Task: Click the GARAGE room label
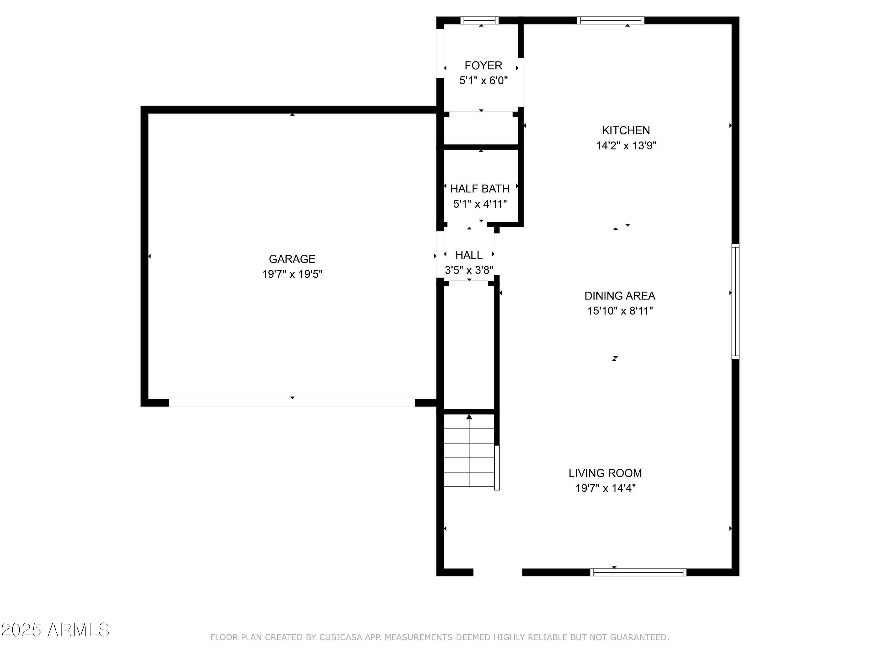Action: (292, 259)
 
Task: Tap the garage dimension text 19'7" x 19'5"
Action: (292, 274)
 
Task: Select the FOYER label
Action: (483, 65)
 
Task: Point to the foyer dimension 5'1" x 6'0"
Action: (483, 81)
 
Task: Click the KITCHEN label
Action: (626, 131)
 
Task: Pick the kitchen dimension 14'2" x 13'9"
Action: (626, 145)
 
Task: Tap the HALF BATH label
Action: (480, 189)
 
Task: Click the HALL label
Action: (469, 255)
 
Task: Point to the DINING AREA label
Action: (620, 296)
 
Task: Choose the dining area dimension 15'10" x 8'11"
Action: (620, 311)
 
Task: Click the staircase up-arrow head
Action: (469, 417)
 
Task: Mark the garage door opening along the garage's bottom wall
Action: (292, 403)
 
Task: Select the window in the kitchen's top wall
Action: (611, 20)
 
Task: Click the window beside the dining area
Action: (735, 302)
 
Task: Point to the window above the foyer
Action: (479, 20)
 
